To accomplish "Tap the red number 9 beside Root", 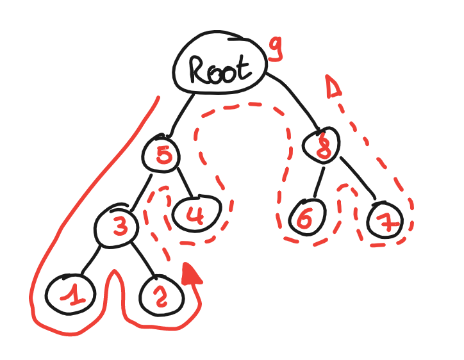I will (x=276, y=50).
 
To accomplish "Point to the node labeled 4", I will (x=195, y=214).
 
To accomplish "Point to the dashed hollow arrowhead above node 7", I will (x=332, y=88).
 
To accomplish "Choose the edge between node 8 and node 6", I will (x=317, y=181).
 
